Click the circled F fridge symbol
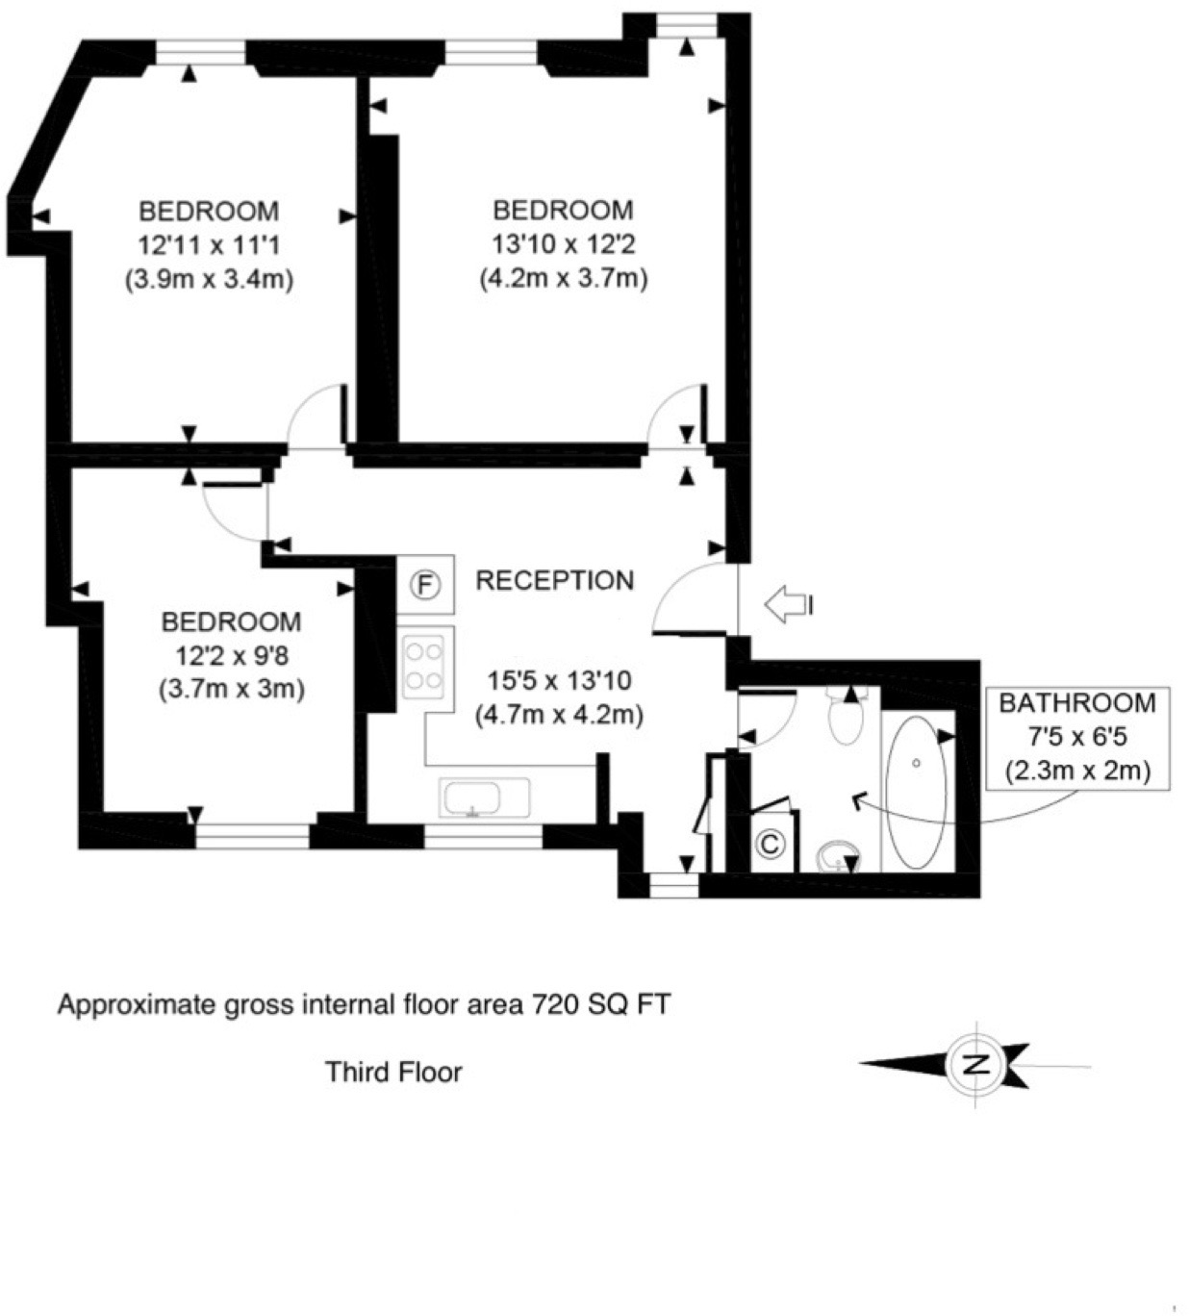425,584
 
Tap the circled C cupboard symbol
770,844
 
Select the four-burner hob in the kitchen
424,666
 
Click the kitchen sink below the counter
484,798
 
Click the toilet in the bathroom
847,717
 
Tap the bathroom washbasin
838,855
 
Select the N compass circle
977,1065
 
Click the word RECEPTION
555,580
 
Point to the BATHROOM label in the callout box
1076,702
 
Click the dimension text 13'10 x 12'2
563,244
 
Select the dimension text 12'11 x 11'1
209,245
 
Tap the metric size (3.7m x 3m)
231,689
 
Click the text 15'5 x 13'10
559,681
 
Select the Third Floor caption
393,1071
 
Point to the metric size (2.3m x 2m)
1076,771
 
